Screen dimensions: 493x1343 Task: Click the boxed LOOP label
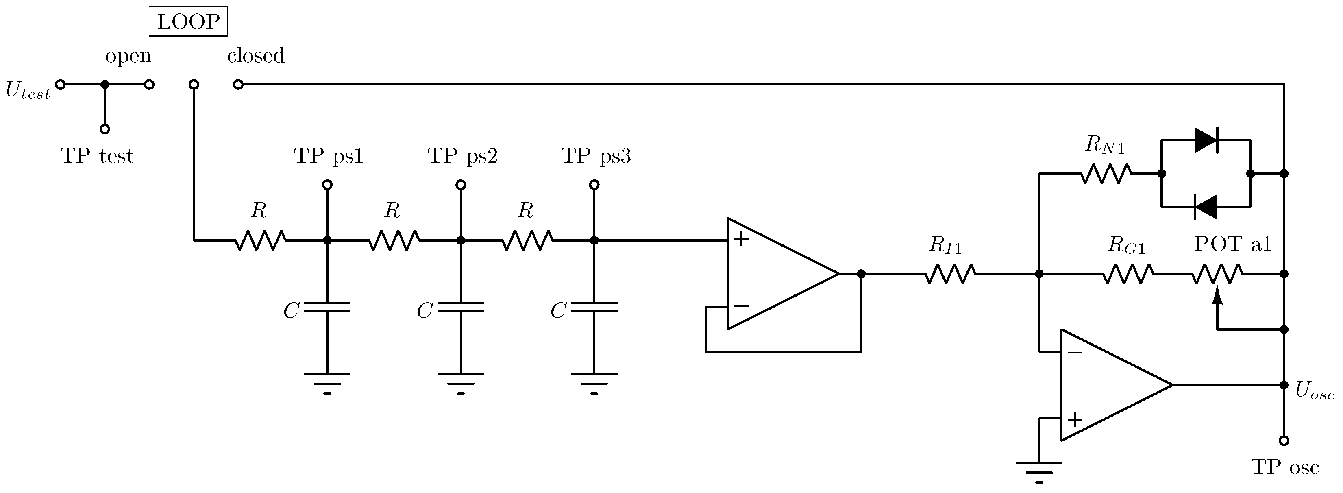[188, 22]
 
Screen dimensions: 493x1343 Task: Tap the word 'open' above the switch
[128, 56]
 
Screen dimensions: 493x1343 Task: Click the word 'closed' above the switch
[255, 55]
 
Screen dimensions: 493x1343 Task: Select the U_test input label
[28, 90]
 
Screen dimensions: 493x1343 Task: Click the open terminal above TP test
[105, 129]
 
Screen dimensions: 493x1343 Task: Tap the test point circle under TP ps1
[327, 185]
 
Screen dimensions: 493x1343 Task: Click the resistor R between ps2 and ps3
[527, 240]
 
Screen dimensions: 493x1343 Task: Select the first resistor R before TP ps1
[260, 240]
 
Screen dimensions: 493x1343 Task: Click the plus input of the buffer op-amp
[740, 240]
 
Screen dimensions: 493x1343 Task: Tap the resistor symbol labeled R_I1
[950, 273]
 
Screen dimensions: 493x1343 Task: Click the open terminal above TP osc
[1284, 440]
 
